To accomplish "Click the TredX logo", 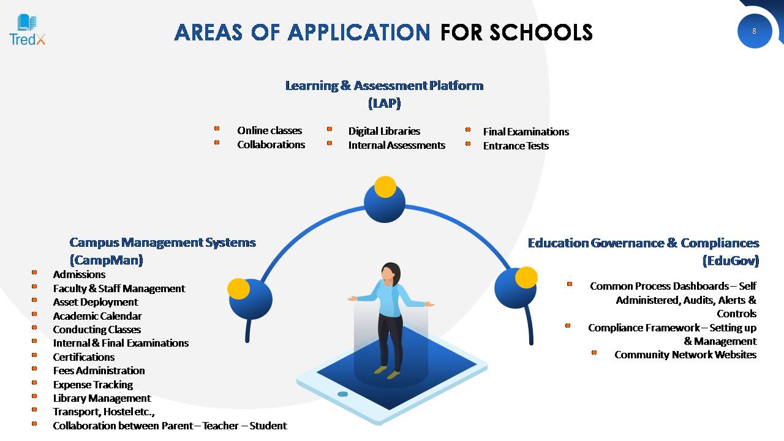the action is (28, 30).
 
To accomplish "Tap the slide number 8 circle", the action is (755, 31).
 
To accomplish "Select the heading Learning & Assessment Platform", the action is (384, 86).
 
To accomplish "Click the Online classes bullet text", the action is (269, 130).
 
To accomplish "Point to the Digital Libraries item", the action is (384, 131).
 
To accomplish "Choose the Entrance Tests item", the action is (516, 146).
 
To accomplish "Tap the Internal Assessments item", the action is (396, 145).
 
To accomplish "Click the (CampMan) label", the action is (107, 260).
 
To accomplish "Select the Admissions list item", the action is (79, 274).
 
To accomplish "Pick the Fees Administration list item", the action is (99, 371).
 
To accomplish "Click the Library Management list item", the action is (102, 398).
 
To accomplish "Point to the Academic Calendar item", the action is (97, 316).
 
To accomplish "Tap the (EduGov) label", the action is (731, 261).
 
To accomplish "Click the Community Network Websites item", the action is (685, 355).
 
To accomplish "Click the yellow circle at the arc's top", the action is (385, 187).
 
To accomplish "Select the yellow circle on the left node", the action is (238, 289).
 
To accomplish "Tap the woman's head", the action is (390, 273).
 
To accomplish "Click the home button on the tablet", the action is (342, 394).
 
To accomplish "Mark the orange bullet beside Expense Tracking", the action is (34, 383).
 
